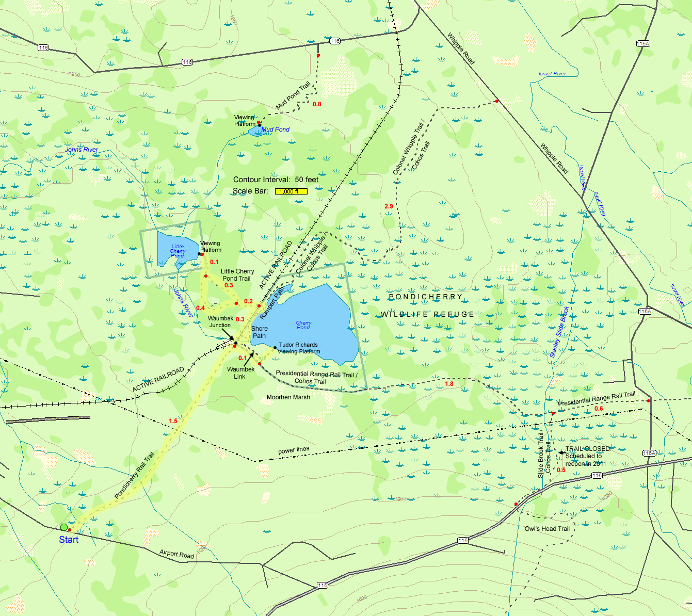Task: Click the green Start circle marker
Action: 64,527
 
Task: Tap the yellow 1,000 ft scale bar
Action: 291,191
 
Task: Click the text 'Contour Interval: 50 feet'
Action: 276,180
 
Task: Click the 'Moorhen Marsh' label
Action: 288,397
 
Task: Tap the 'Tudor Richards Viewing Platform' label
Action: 298,348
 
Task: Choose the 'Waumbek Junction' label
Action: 220,322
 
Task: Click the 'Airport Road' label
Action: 176,554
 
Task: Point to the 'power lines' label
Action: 294,450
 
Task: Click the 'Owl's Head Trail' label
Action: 546,529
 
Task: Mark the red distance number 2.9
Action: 389,206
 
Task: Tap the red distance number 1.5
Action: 173,421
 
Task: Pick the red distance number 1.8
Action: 449,384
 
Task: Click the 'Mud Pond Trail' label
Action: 293,96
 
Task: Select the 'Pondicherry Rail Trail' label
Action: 134,476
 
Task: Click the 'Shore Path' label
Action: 259,332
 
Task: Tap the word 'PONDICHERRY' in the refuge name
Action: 425,297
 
